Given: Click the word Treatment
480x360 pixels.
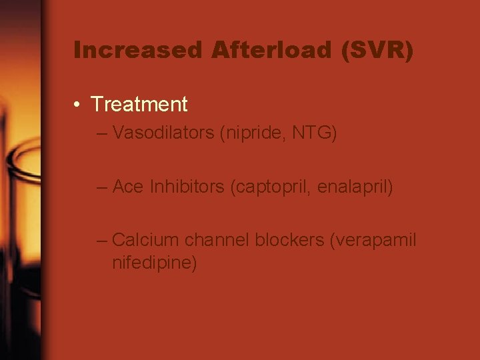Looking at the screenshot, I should click(x=139, y=105).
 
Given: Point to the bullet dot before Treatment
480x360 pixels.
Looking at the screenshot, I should click(x=78, y=105).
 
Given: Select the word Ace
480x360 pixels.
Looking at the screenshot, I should click(x=129, y=187).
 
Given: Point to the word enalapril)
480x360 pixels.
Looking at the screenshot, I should click(x=355, y=187).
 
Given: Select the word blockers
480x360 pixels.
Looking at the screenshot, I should click(x=290, y=239).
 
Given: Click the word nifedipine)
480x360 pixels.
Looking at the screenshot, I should click(x=155, y=262).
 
